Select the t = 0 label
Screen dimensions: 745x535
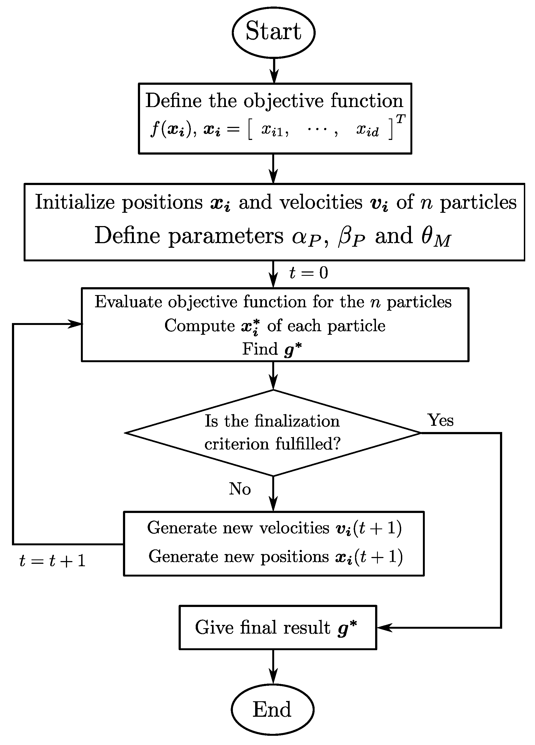click(309, 273)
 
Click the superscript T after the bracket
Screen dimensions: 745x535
click(400, 119)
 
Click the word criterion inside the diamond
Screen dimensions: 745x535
click(237, 444)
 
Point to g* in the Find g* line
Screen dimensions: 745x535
click(293, 349)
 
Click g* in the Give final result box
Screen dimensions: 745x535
click(347, 628)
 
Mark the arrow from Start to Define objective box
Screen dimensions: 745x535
click(274, 71)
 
